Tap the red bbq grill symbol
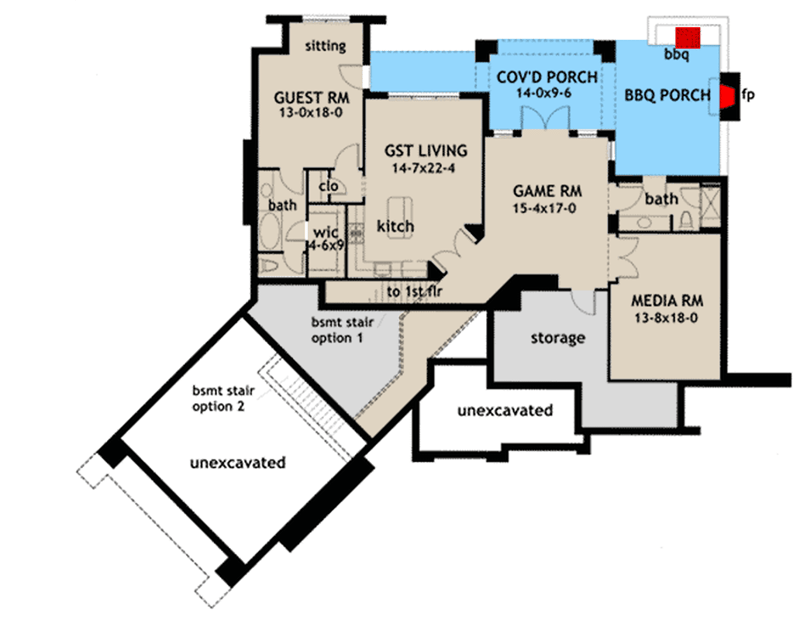click(686, 35)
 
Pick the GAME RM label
click(546, 190)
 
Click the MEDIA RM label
click(663, 299)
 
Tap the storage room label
click(557, 338)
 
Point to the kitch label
click(395, 227)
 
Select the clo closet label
click(327, 186)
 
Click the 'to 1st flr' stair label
click(414, 292)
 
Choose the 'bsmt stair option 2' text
click(224, 397)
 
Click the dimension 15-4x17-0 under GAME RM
click(546, 208)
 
